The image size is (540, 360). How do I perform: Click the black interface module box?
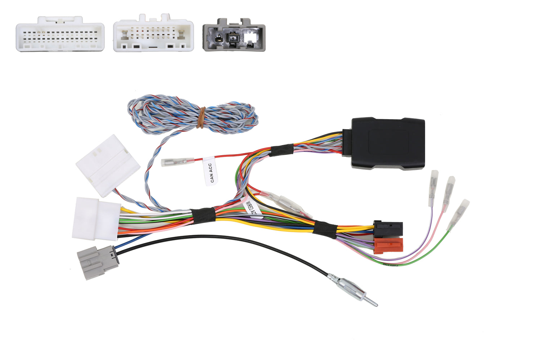tap(387, 143)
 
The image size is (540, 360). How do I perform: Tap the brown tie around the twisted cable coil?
tap(202, 117)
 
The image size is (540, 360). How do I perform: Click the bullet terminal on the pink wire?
tap(449, 190)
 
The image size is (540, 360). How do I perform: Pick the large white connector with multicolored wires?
tap(96, 219)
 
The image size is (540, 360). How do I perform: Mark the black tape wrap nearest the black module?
tap(282, 150)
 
